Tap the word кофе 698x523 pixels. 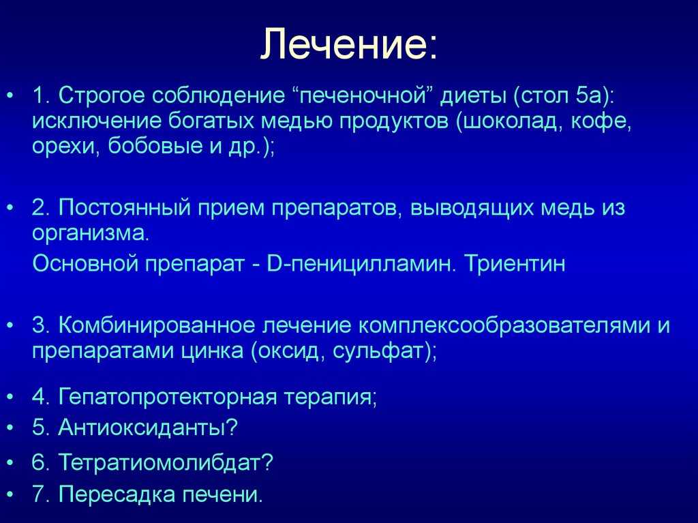[601, 121]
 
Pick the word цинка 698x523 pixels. [213, 351]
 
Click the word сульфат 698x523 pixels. [378, 350]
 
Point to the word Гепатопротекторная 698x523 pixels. [168, 396]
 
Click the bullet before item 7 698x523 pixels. [11, 494]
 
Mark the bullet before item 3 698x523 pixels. [11, 326]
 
